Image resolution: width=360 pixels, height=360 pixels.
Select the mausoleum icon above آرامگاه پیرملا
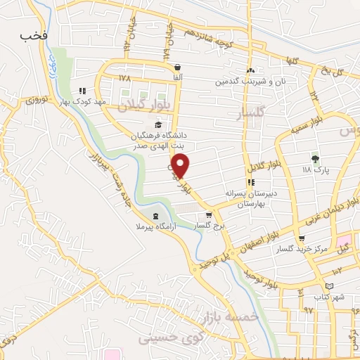[154, 215]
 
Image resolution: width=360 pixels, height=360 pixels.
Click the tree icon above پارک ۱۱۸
[314, 159]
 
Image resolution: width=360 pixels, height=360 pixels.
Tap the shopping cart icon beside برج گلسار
[209, 215]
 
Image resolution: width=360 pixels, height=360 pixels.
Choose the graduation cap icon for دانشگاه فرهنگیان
[157, 124]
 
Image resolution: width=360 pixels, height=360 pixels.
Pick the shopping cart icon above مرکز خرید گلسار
[302, 239]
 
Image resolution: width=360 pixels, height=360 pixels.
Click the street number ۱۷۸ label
[125, 78]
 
